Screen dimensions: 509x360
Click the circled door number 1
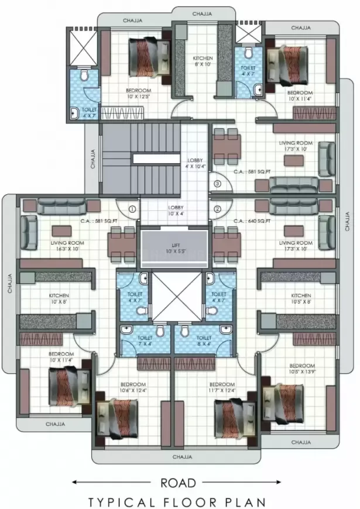[132, 208]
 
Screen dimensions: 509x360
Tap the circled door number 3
[217, 184]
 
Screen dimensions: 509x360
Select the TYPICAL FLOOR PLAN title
[177, 501]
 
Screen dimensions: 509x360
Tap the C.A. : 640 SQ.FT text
[252, 221]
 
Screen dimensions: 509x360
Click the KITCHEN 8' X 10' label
[203, 61]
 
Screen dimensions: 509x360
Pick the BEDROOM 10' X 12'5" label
[139, 94]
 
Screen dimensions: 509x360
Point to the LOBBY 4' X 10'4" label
[195, 164]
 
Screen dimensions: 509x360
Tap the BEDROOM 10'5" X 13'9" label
[302, 369]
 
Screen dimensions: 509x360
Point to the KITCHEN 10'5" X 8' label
[301, 298]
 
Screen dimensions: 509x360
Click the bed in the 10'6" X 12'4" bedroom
[119, 416]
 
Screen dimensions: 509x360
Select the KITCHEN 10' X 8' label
[59, 298]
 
